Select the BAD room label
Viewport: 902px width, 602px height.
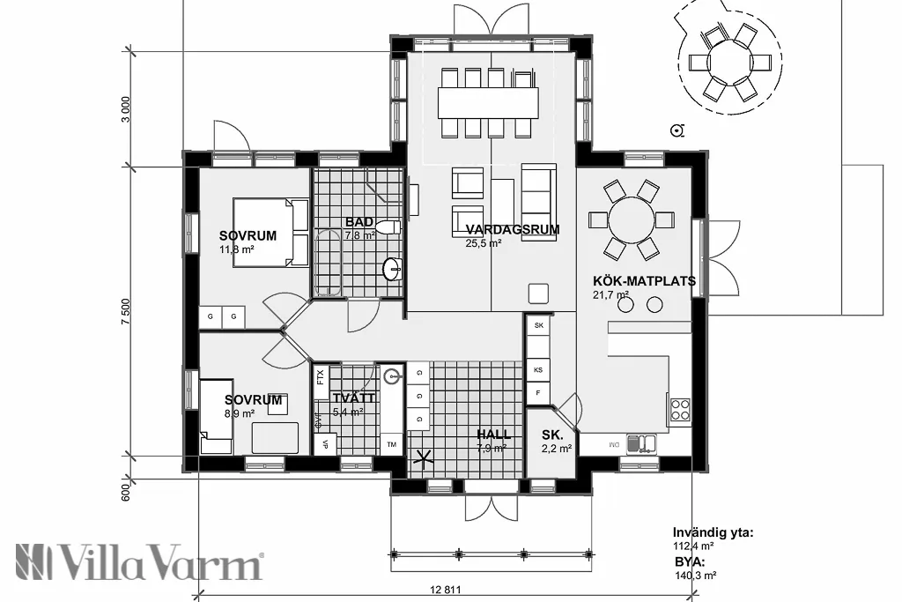tap(359, 222)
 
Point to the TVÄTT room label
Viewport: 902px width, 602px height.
tap(353, 398)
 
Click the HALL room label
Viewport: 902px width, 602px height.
tap(493, 435)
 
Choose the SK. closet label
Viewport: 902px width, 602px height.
tap(552, 435)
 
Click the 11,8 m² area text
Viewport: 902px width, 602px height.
tap(237, 249)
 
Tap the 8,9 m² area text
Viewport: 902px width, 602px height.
tap(238, 412)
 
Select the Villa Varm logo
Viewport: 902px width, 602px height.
tap(139, 561)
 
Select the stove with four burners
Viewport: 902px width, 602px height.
tap(680, 409)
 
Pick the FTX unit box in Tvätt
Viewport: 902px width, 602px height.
tap(320, 377)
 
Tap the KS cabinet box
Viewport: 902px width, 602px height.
tap(537, 369)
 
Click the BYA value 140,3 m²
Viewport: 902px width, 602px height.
tap(695, 574)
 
